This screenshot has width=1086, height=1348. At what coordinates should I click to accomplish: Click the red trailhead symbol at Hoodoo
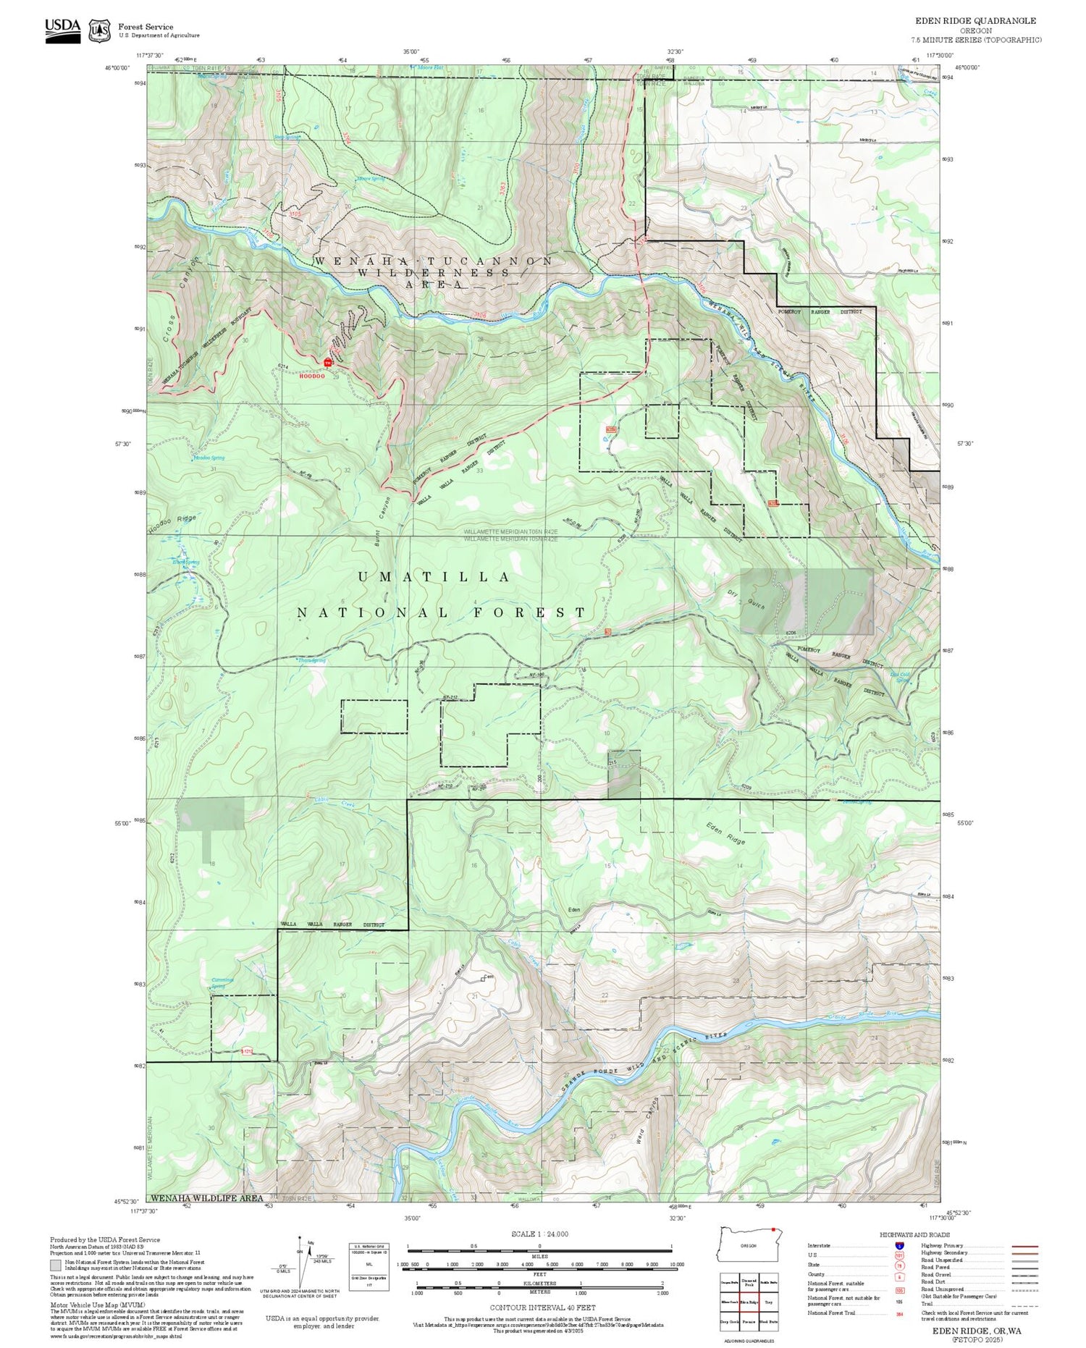pyautogui.click(x=327, y=362)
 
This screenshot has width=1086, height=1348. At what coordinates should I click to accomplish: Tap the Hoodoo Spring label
pyautogui.click(x=209, y=458)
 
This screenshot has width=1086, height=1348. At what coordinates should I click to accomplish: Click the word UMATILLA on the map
pyautogui.click(x=434, y=577)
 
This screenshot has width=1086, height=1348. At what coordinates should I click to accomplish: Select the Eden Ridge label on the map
pyautogui.click(x=725, y=834)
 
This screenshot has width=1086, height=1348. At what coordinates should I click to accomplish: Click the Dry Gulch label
pyautogui.click(x=746, y=599)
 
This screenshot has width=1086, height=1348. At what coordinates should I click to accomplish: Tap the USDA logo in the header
pyautogui.click(x=63, y=30)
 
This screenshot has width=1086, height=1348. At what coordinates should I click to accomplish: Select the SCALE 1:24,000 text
pyautogui.click(x=539, y=1234)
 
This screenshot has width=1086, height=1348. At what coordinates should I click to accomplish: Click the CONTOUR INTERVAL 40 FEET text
pyautogui.click(x=542, y=1307)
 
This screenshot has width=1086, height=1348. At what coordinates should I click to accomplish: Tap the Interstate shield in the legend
pyautogui.click(x=899, y=1245)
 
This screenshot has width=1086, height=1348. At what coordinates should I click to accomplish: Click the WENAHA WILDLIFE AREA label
pyautogui.click(x=207, y=1198)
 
